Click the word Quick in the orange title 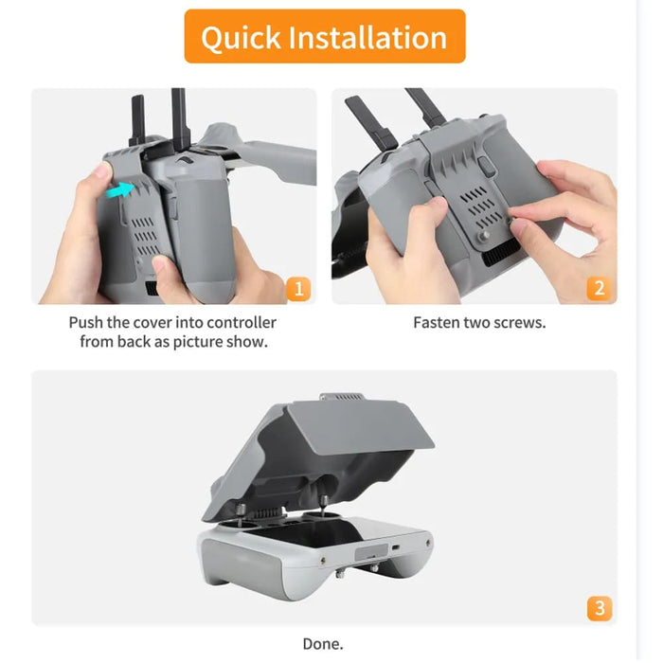(x=241, y=37)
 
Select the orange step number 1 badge (x=297, y=288)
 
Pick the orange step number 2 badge (x=598, y=288)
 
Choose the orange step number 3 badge (x=598, y=607)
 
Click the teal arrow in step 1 (x=118, y=191)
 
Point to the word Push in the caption (x=86, y=323)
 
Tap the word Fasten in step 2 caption (x=438, y=323)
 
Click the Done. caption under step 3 (x=323, y=644)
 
